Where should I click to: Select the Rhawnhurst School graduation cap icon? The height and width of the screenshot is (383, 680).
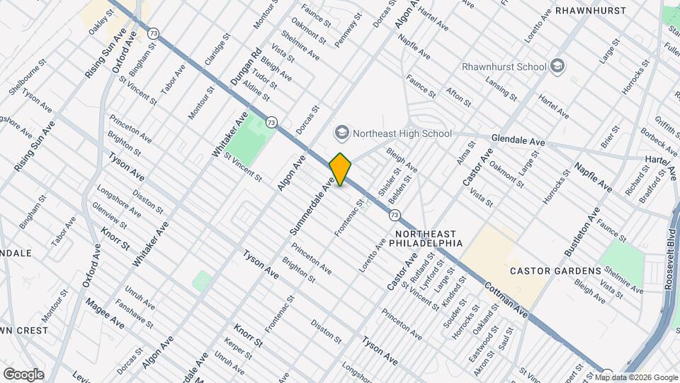coord(557,67)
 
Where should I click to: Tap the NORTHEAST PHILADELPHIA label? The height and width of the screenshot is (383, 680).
coord(429,238)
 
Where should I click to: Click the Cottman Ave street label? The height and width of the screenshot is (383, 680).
coord(506,299)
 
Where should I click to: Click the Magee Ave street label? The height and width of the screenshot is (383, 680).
coord(105,313)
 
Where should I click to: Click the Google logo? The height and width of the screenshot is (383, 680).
coord(23,374)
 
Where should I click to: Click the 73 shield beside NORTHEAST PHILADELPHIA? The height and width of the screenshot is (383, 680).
coord(395,213)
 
